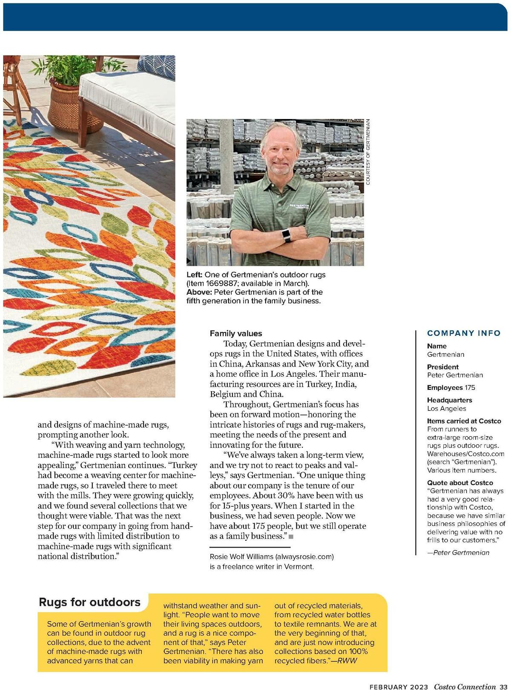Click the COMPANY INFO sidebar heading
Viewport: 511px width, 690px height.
point(464,333)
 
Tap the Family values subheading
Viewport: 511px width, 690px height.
point(235,334)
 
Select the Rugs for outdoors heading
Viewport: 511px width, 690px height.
point(89,602)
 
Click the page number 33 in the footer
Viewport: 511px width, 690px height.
point(503,687)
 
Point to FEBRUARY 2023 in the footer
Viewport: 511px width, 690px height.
point(399,687)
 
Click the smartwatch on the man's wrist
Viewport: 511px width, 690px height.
point(287,234)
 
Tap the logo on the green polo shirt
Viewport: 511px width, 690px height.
point(299,207)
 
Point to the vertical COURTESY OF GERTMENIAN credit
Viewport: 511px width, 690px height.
point(368,152)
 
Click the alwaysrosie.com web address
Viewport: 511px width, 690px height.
point(304,557)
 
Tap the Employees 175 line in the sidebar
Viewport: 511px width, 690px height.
point(451,388)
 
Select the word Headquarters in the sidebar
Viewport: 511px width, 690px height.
point(449,400)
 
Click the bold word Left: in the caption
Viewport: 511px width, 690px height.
point(194,275)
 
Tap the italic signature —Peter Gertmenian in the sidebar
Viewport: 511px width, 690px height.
point(458,553)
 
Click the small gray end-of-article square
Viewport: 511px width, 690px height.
point(291,537)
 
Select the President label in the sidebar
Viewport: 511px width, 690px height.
point(443,367)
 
